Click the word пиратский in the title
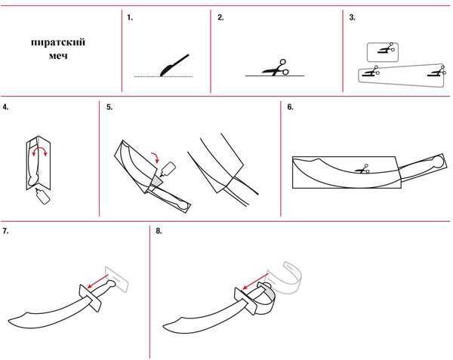(58, 42)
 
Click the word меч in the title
(58, 55)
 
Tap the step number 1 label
(130, 17)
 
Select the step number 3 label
(352, 17)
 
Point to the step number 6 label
(290, 107)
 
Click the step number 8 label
(159, 231)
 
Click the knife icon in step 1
(174, 65)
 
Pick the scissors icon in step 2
(276, 68)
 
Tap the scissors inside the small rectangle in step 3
(387, 48)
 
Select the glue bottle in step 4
(43, 196)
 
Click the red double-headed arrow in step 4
(39, 150)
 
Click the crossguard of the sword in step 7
(90, 298)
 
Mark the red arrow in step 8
(256, 282)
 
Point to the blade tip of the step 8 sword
(164, 326)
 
